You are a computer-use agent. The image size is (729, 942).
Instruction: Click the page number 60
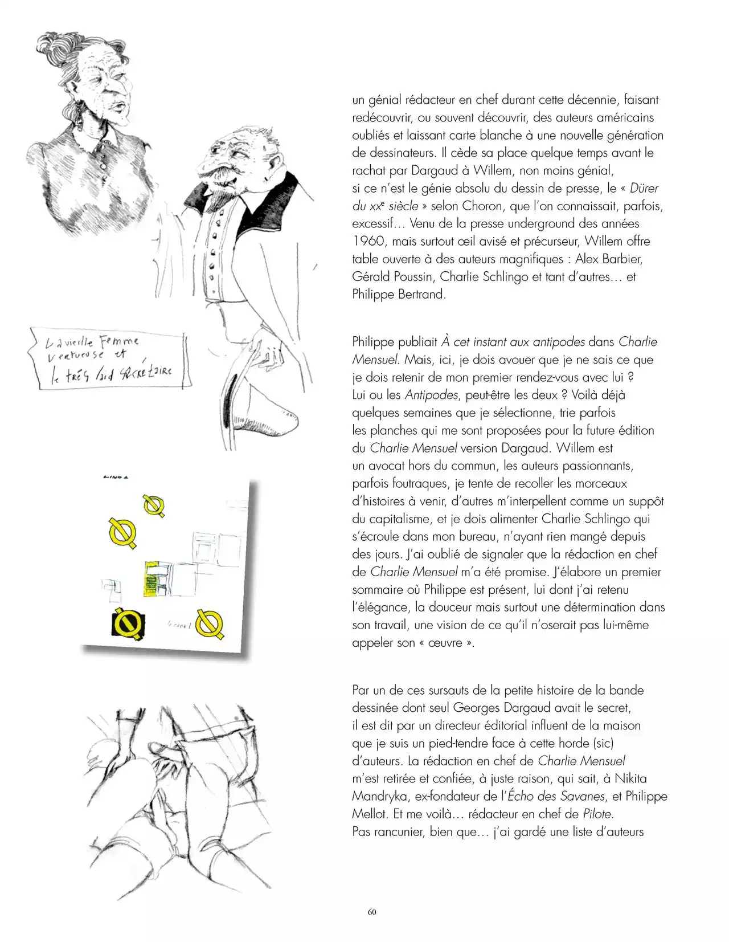tap(372, 911)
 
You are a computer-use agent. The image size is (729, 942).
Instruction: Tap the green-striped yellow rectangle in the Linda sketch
tap(152, 581)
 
